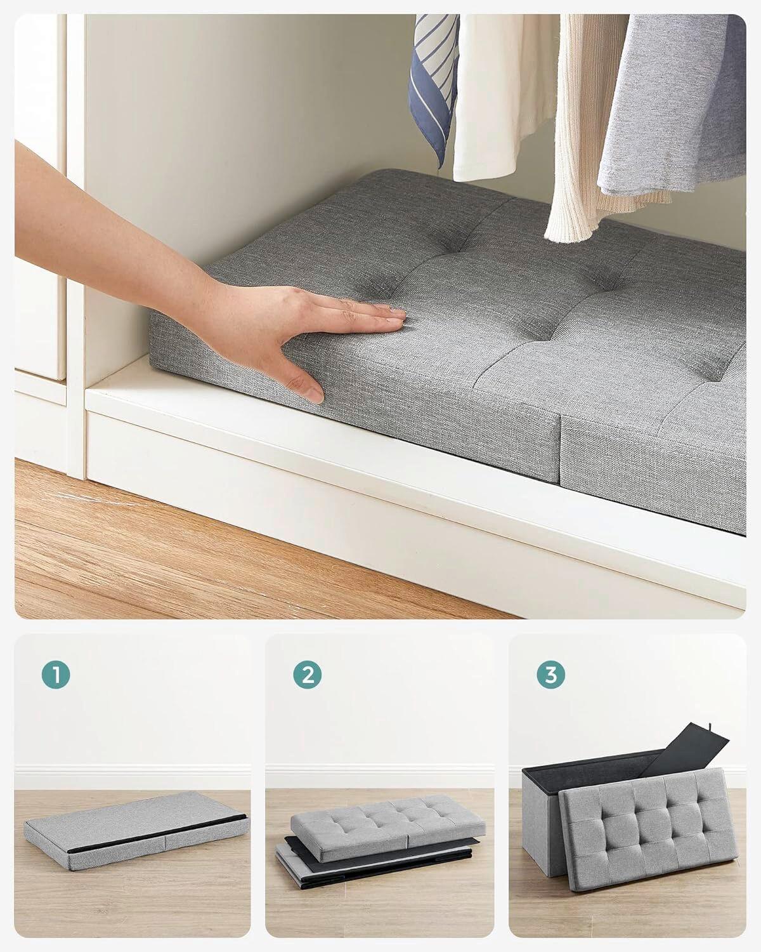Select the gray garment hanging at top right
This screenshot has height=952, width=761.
(x=679, y=108)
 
